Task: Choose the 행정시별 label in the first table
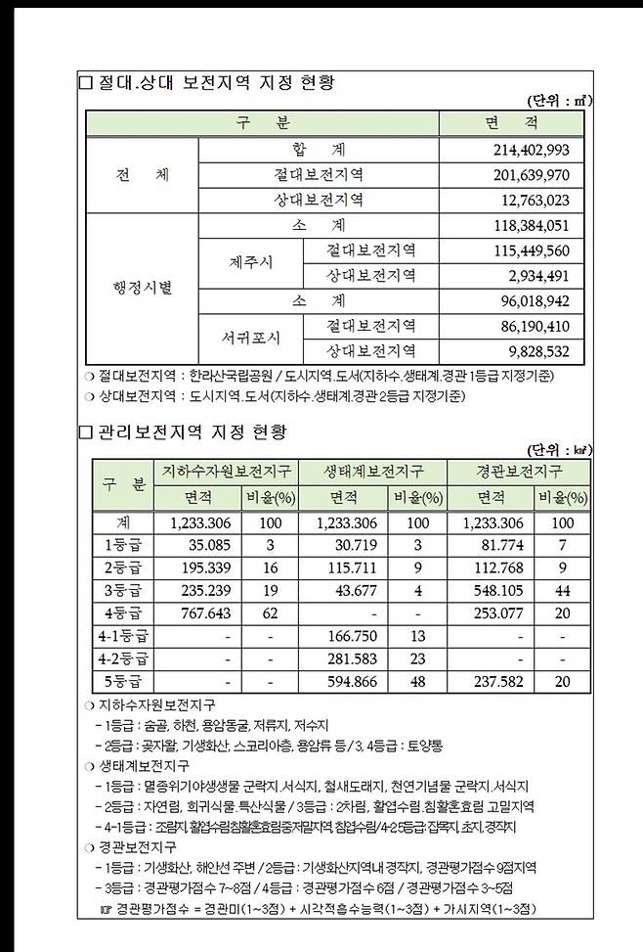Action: click(x=142, y=289)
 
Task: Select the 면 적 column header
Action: click(x=511, y=123)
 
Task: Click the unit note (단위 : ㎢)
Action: click(x=559, y=450)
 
